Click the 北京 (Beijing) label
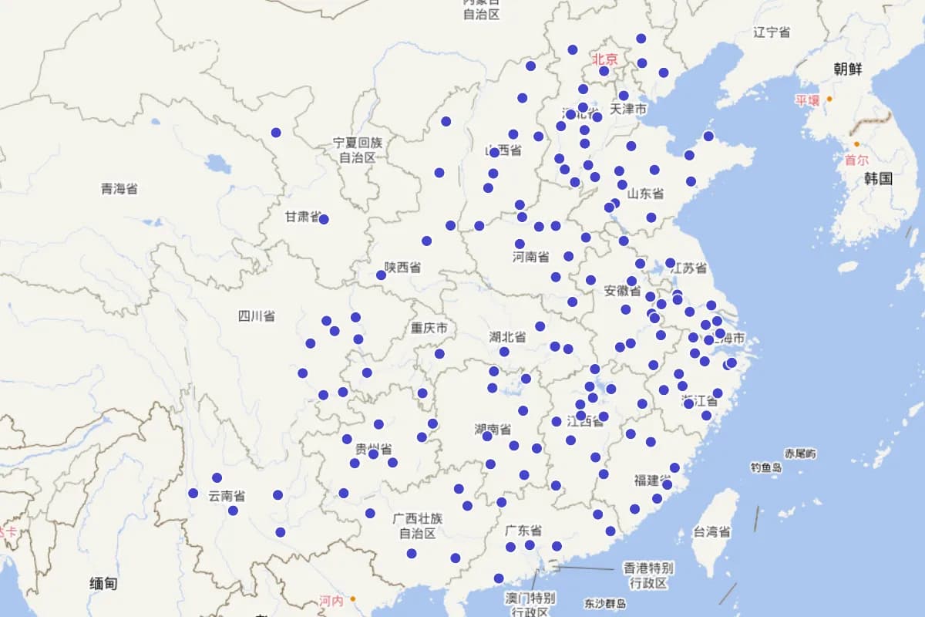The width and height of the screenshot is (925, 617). pos(605,59)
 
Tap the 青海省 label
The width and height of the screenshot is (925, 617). pos(119,189)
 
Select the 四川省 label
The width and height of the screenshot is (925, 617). pos(256,316)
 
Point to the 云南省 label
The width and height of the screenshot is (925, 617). pos(227,496)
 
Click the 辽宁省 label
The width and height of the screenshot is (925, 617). pos(772,32)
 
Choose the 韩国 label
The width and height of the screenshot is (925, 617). pos(878,179)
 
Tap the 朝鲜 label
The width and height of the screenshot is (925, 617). pos(848,69)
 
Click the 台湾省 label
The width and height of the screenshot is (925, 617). pos(711,531)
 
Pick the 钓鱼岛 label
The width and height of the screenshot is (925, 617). pos(766,467)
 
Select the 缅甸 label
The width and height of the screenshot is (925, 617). pos(103,584)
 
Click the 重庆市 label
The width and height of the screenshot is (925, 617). pos(429,329)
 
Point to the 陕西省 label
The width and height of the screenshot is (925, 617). pos(403,268)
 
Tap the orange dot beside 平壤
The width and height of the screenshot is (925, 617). pos(829,99)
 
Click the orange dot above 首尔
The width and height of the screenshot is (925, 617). pos(856,144)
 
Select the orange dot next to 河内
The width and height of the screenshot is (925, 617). pos(352,598)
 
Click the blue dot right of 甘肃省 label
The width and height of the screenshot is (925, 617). pos(324,219)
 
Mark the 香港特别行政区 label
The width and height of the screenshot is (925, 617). pos(648,575)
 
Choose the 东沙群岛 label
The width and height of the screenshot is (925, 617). pos(605,604)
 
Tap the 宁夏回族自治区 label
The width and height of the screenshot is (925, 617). pos(358,150)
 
